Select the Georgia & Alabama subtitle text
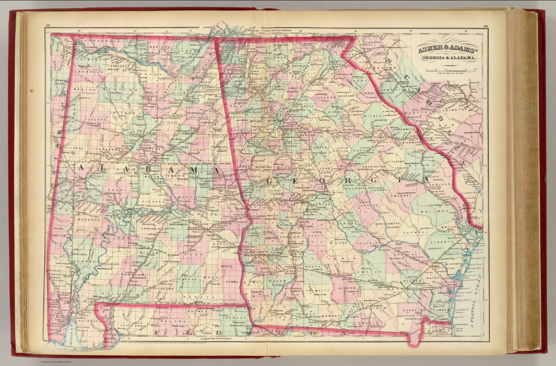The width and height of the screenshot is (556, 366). click(448, 58)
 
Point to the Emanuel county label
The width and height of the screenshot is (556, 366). click(401, 196)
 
